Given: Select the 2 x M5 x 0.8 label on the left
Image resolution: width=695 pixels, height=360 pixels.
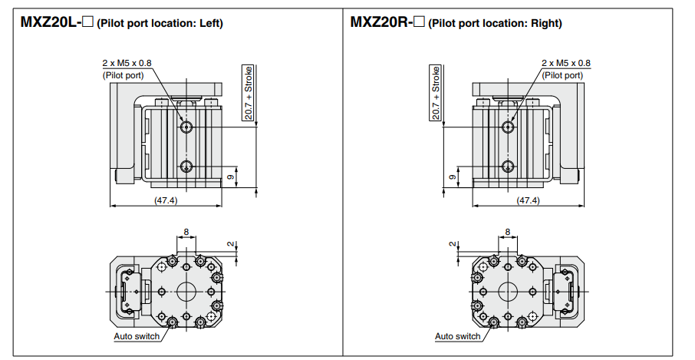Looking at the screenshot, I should click(x=127, y=63).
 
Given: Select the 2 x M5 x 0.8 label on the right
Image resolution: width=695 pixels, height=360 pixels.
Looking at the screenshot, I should click(x=566, y=63).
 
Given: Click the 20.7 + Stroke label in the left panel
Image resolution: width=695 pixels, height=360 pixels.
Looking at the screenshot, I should click(x=249, y=93).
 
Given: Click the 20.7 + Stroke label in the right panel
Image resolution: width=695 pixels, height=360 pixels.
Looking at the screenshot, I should click(x=435, y=93).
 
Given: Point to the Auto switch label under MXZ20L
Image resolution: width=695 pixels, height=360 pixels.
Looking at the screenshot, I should click(x=137, y=336).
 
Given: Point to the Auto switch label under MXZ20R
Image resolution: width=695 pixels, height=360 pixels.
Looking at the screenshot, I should click(x=458, y=336).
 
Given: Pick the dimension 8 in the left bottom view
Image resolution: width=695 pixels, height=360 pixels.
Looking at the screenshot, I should click(x=186, y=231).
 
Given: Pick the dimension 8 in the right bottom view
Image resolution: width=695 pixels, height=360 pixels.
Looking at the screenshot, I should click(x=508, y=231).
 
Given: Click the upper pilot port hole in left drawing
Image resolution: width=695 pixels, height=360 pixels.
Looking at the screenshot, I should click(x=186, y=127).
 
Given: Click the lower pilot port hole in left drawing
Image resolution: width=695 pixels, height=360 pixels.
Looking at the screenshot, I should click(x=186, y=166).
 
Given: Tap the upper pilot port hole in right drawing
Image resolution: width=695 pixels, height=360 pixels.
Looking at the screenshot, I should click(x=507, y=127).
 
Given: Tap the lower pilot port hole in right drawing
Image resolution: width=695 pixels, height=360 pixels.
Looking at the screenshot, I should click(x=507, y=166).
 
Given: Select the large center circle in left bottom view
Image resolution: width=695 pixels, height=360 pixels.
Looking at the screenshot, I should click(x=186, y=292).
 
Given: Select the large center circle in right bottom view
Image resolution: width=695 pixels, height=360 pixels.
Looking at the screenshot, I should click(x=508, y=292).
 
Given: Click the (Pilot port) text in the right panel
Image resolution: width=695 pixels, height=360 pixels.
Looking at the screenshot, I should click(x=563, y=75).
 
